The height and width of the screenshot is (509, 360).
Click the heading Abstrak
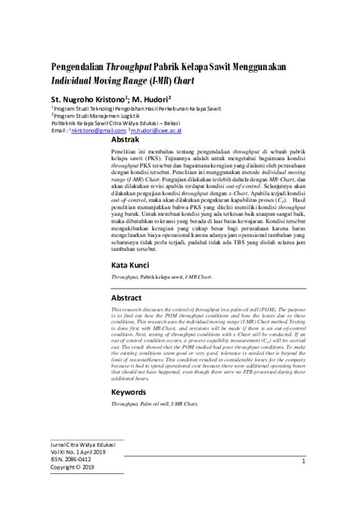point(125,141)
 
